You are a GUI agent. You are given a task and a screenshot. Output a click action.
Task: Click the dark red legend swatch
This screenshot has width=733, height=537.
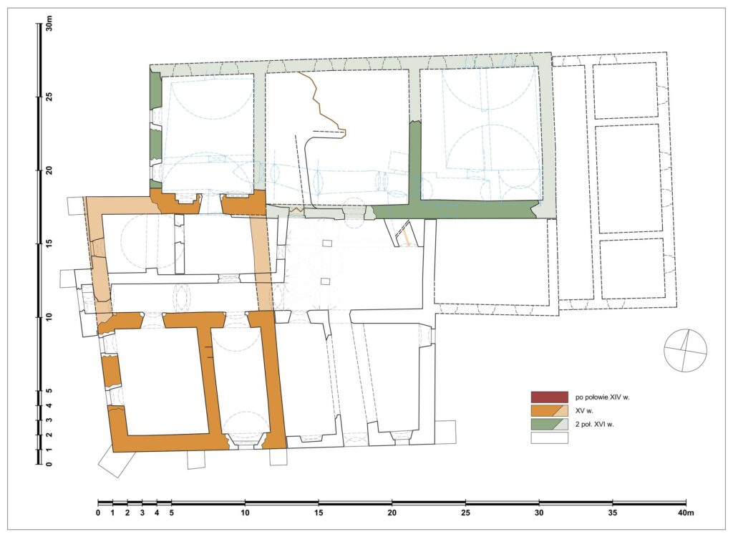(549, 397)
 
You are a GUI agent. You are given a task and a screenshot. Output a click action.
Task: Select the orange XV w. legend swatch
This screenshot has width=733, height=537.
(549, 411)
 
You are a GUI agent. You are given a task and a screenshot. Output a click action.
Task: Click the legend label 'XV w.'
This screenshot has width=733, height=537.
(584, 411)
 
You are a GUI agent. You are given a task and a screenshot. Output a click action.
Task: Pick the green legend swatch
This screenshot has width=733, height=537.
(549, 425)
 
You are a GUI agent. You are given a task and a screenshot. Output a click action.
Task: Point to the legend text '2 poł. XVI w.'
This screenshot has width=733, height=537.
(595, 425)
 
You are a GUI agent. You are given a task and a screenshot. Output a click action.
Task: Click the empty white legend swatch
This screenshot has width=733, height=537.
(549, 437)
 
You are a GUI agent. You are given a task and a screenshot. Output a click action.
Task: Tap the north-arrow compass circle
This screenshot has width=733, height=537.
(685, 350)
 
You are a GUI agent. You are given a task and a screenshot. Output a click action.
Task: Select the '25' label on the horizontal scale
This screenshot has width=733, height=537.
(465, 513)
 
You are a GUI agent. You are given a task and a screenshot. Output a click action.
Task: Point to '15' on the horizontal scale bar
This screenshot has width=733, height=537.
(319, 513)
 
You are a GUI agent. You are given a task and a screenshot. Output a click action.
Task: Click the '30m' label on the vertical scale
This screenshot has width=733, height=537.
(49, 24)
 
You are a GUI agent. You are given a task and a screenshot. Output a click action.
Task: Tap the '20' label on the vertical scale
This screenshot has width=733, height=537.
(49, 170)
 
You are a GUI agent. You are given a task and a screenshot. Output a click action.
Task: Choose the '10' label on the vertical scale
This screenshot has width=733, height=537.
(49, 317)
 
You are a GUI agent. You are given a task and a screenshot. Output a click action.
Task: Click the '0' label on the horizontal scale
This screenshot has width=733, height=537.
(97, 513)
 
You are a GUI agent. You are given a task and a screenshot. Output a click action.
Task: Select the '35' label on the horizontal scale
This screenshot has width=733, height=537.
(612, 513)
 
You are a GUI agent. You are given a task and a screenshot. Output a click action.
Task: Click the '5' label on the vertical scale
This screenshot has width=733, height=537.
(49, 391)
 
